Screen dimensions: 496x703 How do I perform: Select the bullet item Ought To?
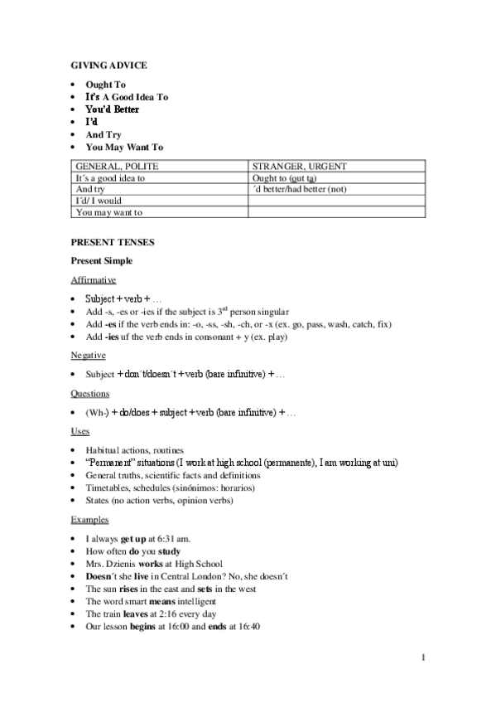105,85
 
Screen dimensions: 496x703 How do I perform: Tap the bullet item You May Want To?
124,147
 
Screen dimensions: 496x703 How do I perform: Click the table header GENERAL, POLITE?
116,167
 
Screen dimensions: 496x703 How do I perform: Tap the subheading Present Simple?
100,261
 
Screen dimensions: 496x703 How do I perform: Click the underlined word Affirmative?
93,280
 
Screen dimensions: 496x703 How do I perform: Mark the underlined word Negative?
88,355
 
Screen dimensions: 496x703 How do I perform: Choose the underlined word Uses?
80,431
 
